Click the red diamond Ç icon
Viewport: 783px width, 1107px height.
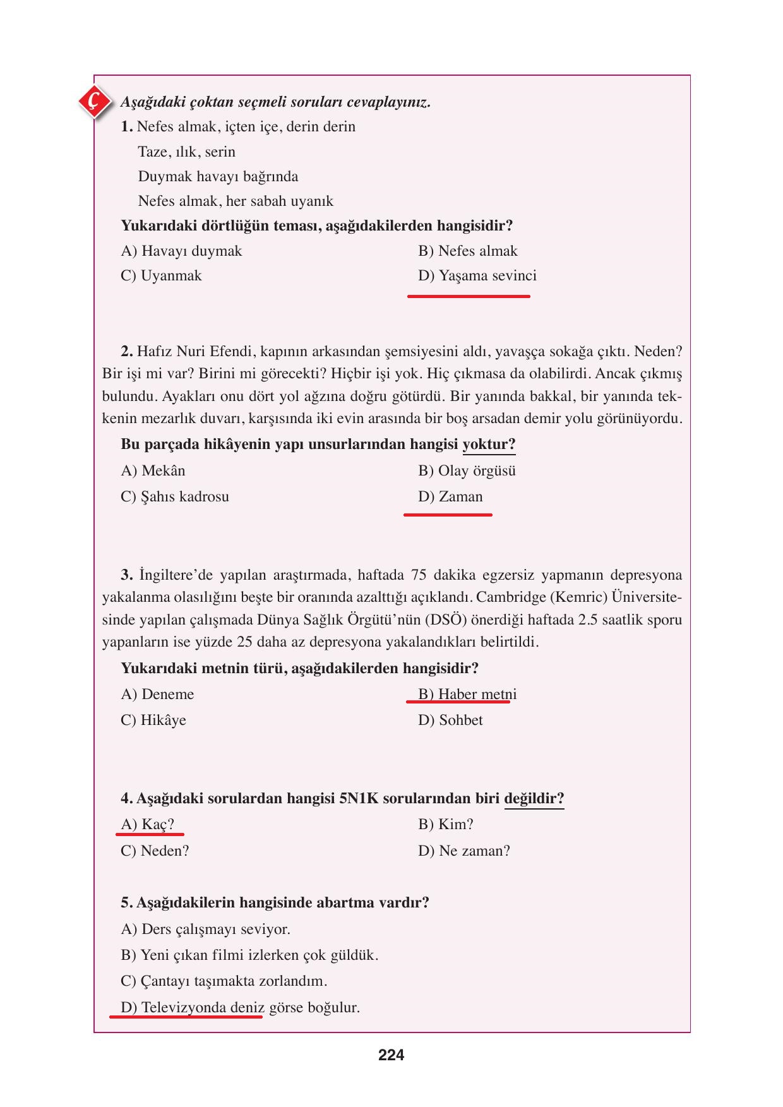(94, 100)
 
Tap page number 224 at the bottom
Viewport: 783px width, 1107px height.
(391, 1055)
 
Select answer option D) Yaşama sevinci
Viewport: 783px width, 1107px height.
(477, 276)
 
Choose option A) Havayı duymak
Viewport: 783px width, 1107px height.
(181, 251)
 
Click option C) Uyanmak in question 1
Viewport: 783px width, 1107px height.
(161, 276)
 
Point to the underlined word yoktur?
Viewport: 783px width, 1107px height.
(489, 445)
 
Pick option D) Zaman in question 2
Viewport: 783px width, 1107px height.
(450, 497)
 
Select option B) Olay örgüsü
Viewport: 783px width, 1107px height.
(467, 471)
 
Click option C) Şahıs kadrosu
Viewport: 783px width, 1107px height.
(175, 497)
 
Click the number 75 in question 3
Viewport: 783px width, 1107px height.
(419, 575)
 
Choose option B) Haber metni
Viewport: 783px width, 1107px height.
(467, 695)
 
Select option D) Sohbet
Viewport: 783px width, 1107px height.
(450, 721)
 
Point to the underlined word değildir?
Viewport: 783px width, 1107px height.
(534, 799)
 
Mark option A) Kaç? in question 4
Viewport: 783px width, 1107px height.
(147, 825)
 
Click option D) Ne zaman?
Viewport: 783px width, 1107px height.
(463, 851)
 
